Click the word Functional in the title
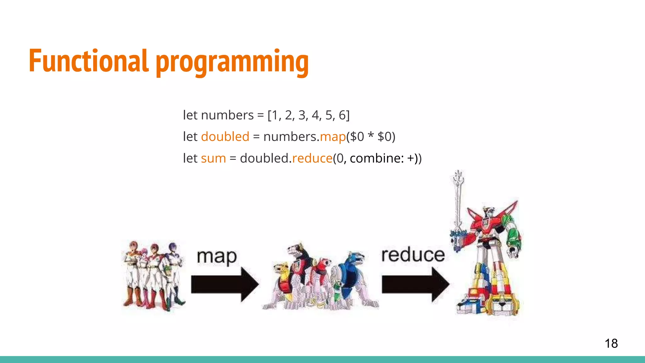pos(88,60)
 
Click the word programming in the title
pos(232,62)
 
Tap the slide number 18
pos(611,343)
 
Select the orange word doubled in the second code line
pos(225,137)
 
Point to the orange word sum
pos(213,158)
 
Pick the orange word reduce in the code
pos(312,158)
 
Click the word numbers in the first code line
pos(227,115)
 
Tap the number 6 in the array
pos(342,115)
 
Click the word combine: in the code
pos(377,158)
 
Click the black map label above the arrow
pos(217,257)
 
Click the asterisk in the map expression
pos(371,135)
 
